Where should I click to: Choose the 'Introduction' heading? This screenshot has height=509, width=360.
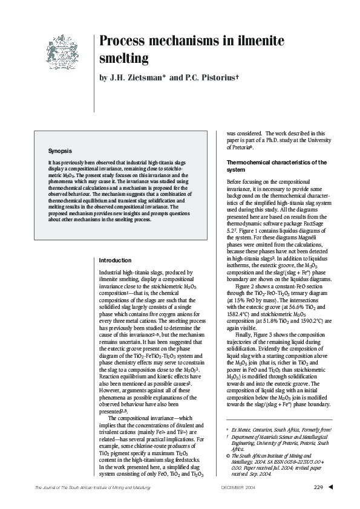tap(114, 260)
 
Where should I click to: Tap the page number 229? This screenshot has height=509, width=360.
tap(318, 487)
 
